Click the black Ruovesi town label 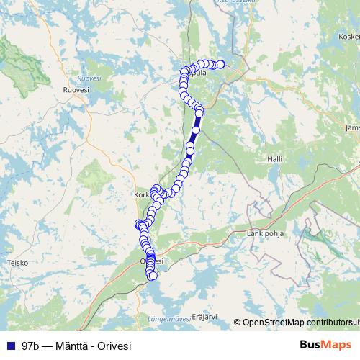[76, 89]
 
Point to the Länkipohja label [266, 233]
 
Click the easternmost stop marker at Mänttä [220, 65]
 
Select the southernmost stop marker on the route [152, 276]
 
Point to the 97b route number [30, 346]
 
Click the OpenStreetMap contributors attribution [296, 323]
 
